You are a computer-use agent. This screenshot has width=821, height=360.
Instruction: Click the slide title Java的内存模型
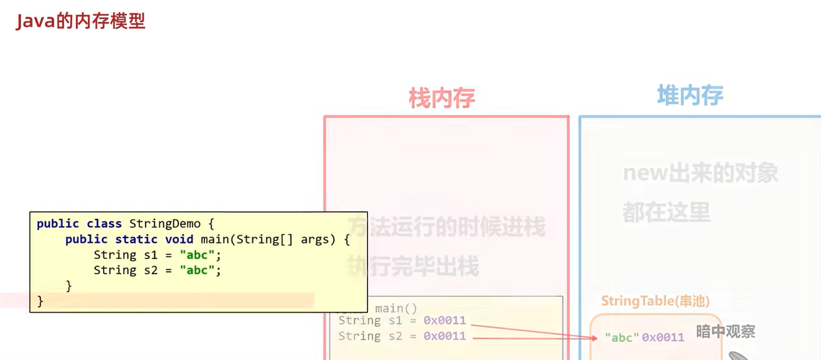point(81,21)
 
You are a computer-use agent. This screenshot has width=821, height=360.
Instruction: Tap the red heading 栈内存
point(442,97)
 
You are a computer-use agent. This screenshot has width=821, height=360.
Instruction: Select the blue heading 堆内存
point(690,95)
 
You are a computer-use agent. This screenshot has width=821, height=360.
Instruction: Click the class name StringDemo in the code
point(164,224)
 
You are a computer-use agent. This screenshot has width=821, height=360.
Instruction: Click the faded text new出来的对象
point(701,174)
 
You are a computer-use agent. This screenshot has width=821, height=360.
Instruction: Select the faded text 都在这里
point(666,212)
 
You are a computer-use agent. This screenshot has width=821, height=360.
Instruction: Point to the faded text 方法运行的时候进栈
point(447,227)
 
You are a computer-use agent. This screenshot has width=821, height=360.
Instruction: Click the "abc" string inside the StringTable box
point(621,337)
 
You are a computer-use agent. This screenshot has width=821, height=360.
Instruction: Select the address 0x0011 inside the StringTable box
point(663,337)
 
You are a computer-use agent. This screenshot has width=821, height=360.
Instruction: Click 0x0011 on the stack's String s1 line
point(444,320)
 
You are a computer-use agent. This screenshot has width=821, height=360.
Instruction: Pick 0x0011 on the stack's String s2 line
point(444,336)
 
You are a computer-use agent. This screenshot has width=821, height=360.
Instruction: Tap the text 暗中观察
point(726,332)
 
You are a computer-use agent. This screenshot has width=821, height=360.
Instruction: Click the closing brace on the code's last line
point(40,301)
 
